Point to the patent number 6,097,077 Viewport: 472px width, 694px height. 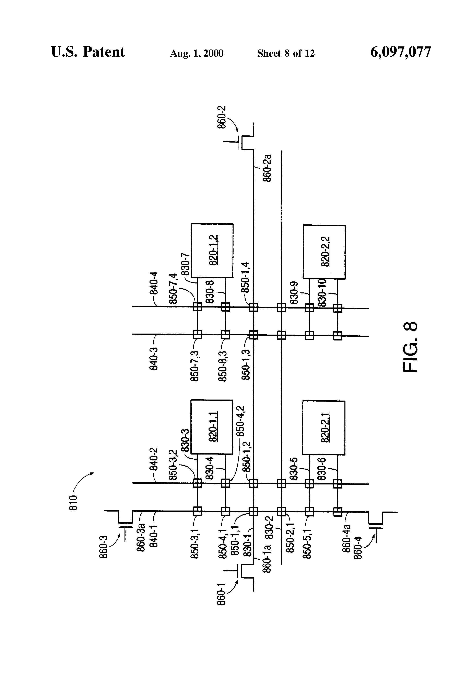(x=400, y=52)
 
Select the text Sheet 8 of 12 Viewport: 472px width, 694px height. (x=286, y=53)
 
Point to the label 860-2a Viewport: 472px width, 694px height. (x=267, y=168)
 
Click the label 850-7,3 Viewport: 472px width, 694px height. (x=194, y=366)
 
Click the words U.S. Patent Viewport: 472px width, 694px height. (x=88, y=52)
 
